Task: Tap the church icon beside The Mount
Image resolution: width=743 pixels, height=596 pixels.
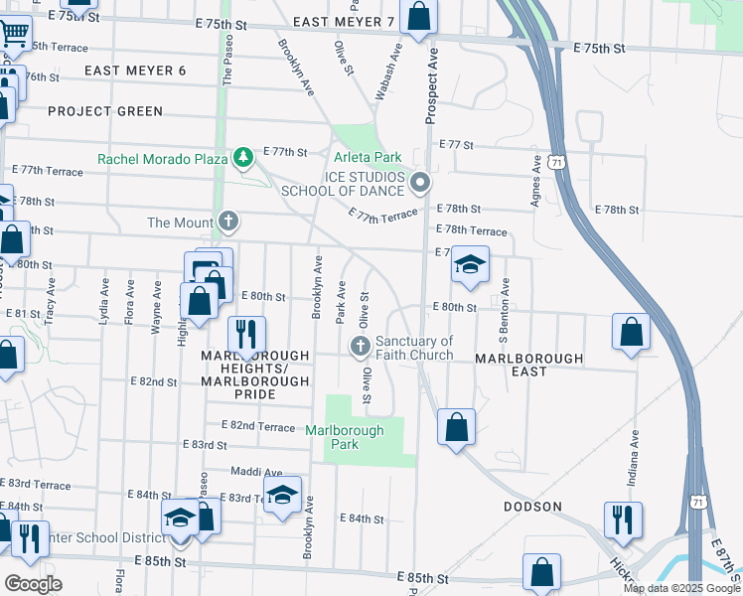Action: tap(228, 222)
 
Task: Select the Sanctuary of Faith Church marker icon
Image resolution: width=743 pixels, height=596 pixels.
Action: tap(361, 347)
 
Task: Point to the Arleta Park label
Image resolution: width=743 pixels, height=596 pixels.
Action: tap(368, 157)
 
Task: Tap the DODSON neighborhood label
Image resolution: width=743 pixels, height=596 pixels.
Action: tap(532, 507)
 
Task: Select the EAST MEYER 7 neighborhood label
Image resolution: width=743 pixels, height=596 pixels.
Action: tap(344, 21)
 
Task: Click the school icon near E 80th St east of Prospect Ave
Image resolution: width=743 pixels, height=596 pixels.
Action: tap(471, 264)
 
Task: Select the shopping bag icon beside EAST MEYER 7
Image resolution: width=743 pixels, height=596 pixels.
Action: tap(419, 16)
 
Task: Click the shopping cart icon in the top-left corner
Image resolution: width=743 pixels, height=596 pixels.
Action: tap(14, 34)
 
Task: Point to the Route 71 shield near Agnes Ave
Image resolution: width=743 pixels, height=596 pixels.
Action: tap(561, 160)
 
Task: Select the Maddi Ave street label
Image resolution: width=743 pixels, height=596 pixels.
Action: tap(256, 473)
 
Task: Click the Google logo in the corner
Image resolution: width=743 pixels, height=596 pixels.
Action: tap(33, 584)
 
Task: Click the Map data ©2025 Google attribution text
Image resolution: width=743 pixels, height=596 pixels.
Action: tap(680, 588)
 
